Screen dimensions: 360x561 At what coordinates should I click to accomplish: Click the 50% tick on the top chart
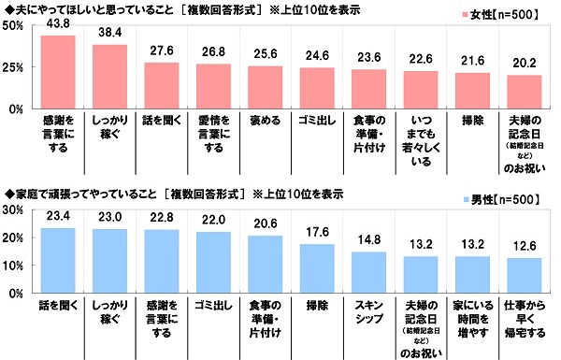(x=15, y=25)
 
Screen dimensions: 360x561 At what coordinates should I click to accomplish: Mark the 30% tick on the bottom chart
(x=15, y=210)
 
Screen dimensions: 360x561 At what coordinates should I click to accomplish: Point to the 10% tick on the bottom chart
(x=15, y=266)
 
